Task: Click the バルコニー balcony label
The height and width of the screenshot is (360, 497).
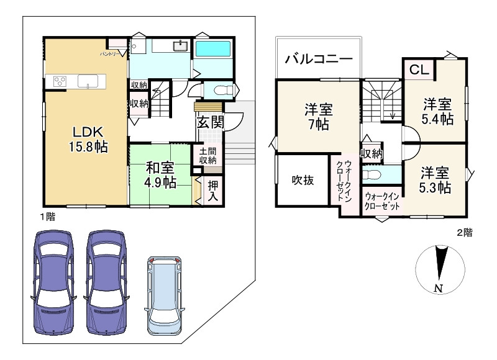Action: pos(319,60)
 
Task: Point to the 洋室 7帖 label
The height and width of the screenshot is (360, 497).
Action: pos(318,117)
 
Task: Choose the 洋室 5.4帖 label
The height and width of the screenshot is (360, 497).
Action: pos(437,111)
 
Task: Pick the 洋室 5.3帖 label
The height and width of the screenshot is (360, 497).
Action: pos(434,179)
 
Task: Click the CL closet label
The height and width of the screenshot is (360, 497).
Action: pos(419,70)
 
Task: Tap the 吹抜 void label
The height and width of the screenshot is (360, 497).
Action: pos(303,181)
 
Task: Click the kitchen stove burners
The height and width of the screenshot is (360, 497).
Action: pos(60,81)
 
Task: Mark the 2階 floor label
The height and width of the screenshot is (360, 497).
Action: pos(465,233)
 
